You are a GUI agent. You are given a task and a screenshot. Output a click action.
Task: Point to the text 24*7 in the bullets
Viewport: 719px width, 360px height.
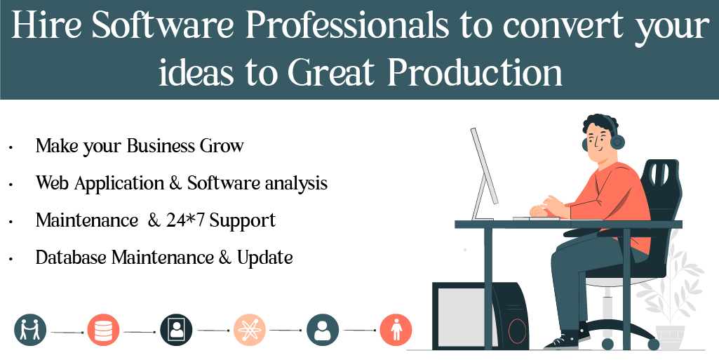coord(185,220)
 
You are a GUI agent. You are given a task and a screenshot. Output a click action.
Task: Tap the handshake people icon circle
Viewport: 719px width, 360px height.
coord(30,329)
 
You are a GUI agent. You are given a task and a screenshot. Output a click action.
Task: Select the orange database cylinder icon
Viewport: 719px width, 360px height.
coord(103,329)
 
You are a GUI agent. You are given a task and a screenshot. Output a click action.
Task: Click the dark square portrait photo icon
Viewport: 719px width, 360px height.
coord(176,329)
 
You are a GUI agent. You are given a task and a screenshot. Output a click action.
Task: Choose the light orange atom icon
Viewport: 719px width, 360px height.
coord(249,329)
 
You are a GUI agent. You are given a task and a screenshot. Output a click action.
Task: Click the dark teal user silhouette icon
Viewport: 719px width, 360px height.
coord(323,329)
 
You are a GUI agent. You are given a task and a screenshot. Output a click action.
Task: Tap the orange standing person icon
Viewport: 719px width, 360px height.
coord(396,329)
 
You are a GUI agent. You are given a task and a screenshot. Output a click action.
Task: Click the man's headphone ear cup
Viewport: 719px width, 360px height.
coord(617,142)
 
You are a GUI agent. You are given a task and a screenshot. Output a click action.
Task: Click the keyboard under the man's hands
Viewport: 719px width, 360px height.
coord(536,218)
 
